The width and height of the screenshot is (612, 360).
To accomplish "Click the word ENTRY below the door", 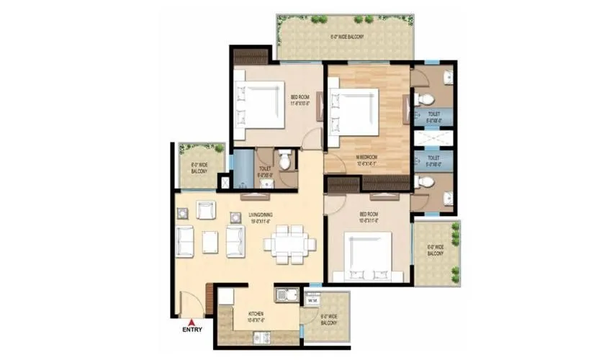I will click(192, 330).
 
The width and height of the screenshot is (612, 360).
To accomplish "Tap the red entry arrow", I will click(192, 321).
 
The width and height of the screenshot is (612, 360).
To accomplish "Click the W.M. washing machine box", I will click(313, 301).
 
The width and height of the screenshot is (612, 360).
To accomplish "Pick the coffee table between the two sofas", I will click(210, 241).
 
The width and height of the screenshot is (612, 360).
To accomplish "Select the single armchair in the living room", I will click(205, 210).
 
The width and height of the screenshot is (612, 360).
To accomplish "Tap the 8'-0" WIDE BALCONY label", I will click(199, 168).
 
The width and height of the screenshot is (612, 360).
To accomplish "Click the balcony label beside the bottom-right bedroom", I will click(435, 250).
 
